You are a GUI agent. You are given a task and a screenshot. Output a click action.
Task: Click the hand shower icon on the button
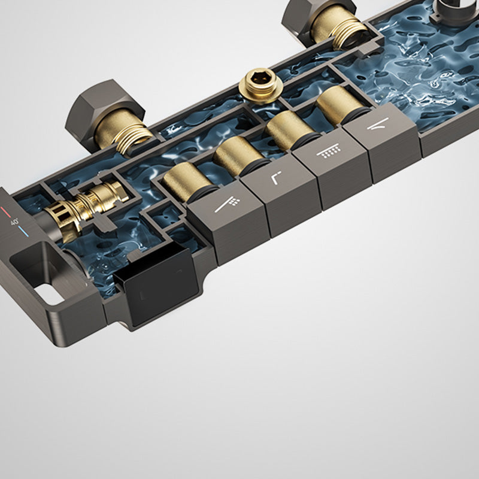[x=228, y=204]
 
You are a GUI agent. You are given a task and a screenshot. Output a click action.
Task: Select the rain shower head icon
[x=329, y=151]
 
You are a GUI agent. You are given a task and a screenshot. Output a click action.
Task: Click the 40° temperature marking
[x=14, y=222]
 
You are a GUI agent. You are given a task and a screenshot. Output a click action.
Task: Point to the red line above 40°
[x=5, y=211]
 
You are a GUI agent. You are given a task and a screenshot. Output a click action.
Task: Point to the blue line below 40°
[x=23, y=232]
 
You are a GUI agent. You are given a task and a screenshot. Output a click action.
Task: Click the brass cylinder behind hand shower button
[x=188, y=182]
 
